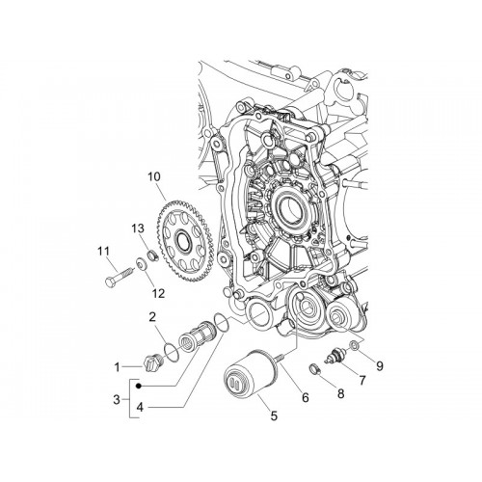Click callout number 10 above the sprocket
tap(153, 176)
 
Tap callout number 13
tap(137, 228)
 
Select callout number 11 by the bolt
tap(103, 251)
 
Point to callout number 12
tap(158, 293)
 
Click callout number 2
tap(152, 317)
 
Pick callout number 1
tap(117, 367)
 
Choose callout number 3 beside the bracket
tap(117, 400)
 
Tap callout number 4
tap(140, 408)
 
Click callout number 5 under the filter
tap(274, 416)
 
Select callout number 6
tap(306, 398)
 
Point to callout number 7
tap(362, 381)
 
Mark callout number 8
tap(340, 393)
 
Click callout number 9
tap(380, 365)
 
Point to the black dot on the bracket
tap(139, 386)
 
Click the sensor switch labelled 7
tap(336, 356)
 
